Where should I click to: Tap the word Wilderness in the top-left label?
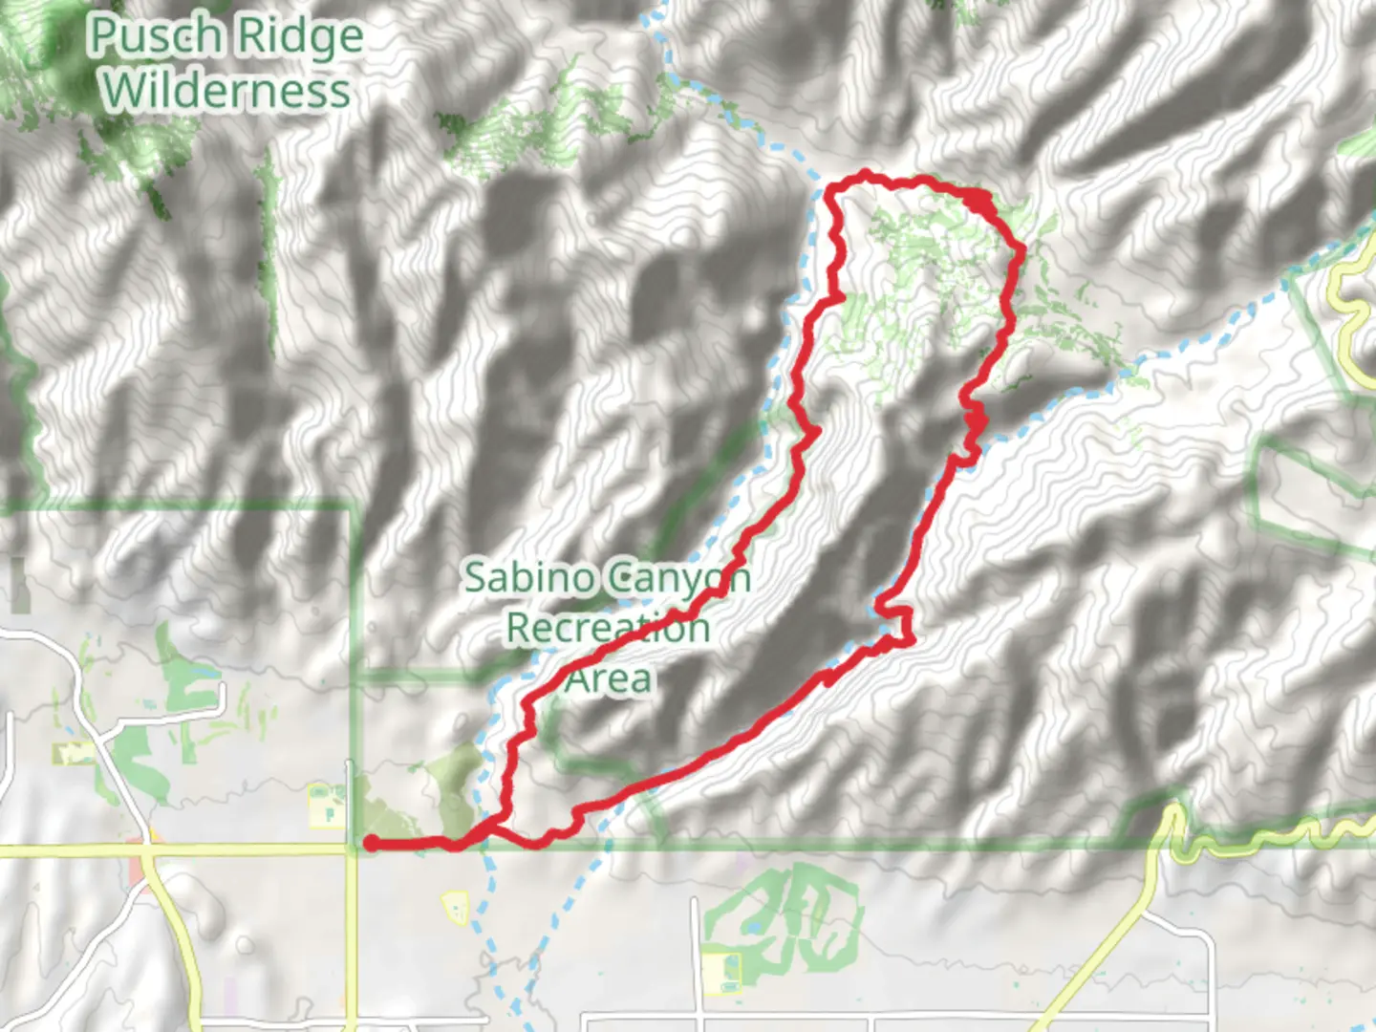coord(227,91)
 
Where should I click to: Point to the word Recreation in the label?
coord(608,629)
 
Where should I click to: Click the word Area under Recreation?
coord(609,679)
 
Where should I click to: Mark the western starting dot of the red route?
coord(370,843)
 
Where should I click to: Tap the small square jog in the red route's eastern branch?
coord(896,624)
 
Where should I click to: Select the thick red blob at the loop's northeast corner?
coord(977,202)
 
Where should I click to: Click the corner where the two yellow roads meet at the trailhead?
coord(351,849)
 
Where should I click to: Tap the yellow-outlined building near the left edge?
coord(75,755)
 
